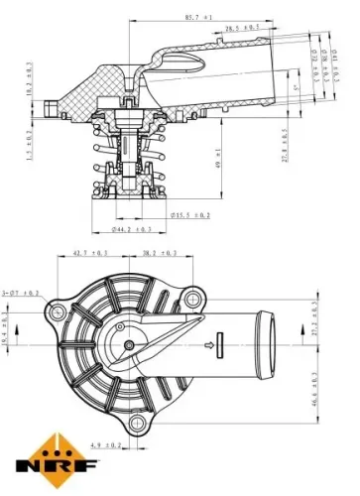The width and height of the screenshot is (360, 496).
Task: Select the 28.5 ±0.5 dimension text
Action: pos(243,30)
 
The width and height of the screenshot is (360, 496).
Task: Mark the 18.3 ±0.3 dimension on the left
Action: pos(29,80)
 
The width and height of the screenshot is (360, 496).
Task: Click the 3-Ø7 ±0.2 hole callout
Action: pos(21,294)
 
